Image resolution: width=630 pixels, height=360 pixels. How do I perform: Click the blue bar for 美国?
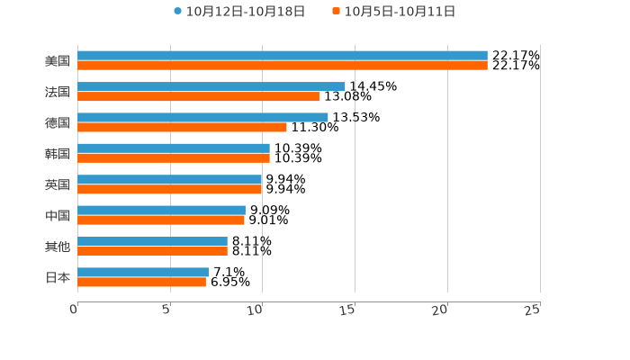click(x=283, y=56)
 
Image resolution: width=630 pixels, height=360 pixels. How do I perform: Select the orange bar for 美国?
click(x=283, y=66)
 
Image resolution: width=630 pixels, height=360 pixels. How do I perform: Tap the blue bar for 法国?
click(x=211, y=86)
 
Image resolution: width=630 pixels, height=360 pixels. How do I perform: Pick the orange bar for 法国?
click(x=198, y=96)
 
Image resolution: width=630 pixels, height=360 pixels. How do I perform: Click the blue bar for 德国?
click(x=202, y=117)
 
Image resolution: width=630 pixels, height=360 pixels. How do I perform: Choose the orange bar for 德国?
click(x=182, y=127)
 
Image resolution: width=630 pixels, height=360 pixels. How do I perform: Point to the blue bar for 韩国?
click(x=174, y=148)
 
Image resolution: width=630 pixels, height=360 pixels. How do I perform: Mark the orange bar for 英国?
click(x=170, y=189)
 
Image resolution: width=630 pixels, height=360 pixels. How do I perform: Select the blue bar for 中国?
click(x=161, y=211)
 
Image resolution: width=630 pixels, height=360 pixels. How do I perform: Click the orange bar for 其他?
click(x=152, y=251)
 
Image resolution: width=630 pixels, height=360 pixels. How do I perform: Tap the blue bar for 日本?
click(x=143, y=272)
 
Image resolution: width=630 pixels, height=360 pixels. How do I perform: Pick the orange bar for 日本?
click(x=141, y=282)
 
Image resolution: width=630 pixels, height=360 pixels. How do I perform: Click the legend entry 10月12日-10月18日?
click(x=239, y=12)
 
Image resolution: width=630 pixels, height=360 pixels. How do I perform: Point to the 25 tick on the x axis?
click(x=533, y=310)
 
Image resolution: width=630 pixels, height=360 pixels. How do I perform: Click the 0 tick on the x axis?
click(x=75, y=310)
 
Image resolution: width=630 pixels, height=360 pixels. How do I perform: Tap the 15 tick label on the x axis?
click(x=348, y=310)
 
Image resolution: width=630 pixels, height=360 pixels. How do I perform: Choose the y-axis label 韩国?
click(x=58, y=153)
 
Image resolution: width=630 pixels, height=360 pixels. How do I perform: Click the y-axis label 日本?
click(x=58, y=277)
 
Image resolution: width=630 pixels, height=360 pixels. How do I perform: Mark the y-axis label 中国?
click(x=58, y=215)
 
